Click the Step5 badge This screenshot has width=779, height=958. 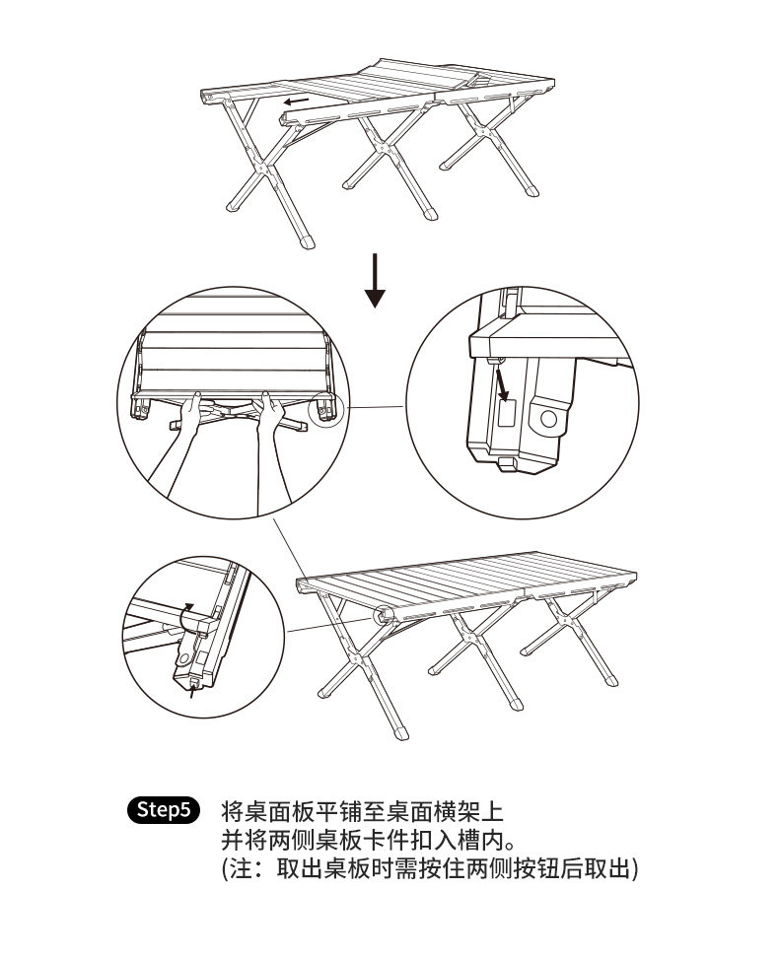point(165,810)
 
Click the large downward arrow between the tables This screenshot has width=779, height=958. point(375,280)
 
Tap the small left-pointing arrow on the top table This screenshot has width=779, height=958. point(294,101)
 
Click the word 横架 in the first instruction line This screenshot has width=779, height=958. point(453,812)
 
